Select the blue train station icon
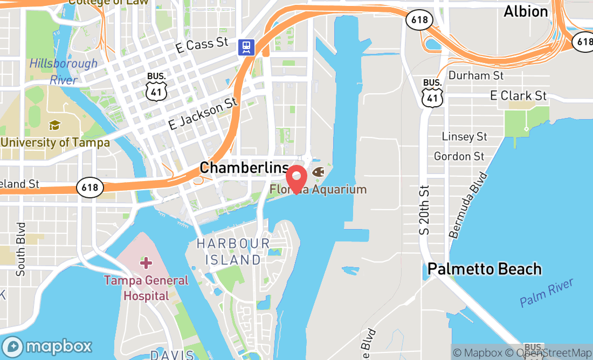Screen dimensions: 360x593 click(247, 47)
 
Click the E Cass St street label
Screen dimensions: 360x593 click(202, 45)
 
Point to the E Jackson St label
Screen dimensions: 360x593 click(203, 113)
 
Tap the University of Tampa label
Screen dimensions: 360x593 click(55, 143)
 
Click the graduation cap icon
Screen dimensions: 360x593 click(55, 126)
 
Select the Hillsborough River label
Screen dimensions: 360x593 click(63, 71)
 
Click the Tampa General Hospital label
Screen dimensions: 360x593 click(146, 288)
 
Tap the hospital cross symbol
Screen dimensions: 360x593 click(146, 263)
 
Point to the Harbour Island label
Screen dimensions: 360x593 click(233, 252)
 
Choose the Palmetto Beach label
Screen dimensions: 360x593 click(484, 269)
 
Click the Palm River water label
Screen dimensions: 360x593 click(547, 293)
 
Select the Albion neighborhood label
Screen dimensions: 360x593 click(526, 11)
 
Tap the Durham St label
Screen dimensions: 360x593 click(476, 75)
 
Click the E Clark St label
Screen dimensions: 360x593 click(518, 96)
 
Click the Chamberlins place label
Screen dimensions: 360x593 click(244, 168)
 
